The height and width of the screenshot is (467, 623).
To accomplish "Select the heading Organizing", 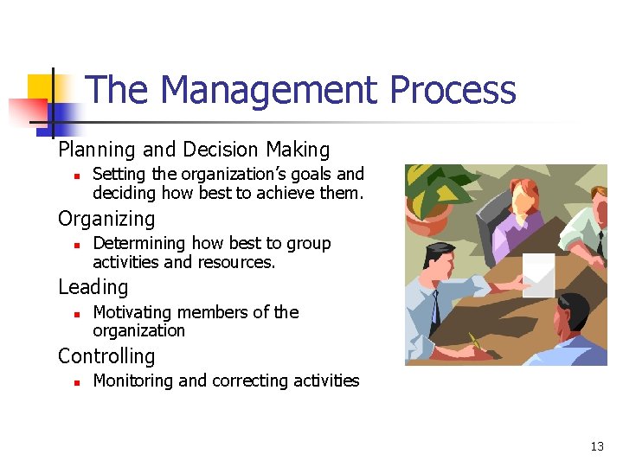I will (x=106, y=219).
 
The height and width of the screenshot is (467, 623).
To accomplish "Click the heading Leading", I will (x=93, y=287).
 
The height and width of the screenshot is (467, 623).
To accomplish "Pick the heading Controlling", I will (x=106, y=355).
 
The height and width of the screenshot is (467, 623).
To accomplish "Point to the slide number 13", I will (x=596, y=446).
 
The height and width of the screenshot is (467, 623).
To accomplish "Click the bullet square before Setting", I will (x=76, y=176).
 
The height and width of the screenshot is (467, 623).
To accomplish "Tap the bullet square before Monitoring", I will (x=76, y=382).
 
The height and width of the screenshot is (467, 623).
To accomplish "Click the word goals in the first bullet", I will (x=303, y=175).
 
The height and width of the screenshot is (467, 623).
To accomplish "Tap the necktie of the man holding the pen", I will (x=436, y=307).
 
